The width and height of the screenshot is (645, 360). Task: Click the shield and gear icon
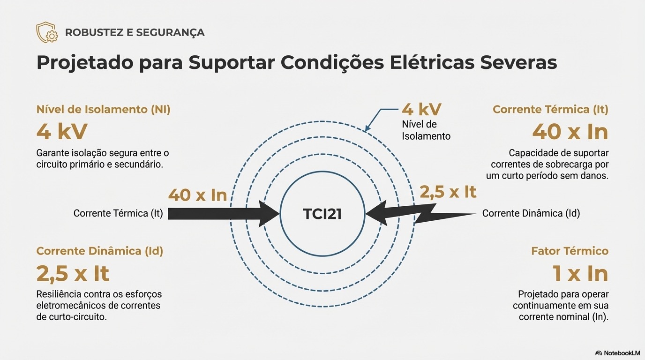point(47,32)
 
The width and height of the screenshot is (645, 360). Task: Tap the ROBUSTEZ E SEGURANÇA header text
point(135,33)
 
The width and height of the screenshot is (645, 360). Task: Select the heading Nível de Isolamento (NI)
point(103,110)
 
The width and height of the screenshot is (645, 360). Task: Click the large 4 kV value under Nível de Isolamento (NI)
point(62,132)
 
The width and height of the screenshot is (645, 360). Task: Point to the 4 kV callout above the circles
point(421,110)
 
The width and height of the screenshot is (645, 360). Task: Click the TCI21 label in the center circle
point(322,214)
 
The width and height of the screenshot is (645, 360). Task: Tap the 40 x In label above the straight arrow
point(197,195)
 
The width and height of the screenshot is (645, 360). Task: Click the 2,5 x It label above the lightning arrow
point(448,192)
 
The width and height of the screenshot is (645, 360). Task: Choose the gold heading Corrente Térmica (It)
point(550,110)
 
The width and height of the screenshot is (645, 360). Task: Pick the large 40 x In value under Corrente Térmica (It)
point(570,132)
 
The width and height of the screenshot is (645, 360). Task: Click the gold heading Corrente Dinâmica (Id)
point(100,251)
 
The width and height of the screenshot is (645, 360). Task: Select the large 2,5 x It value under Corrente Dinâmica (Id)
point(73,274)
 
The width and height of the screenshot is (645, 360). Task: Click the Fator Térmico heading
point(570,251)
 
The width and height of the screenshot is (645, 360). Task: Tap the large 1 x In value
point(580,274)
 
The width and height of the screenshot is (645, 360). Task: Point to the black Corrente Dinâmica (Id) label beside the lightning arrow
point(531,214)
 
